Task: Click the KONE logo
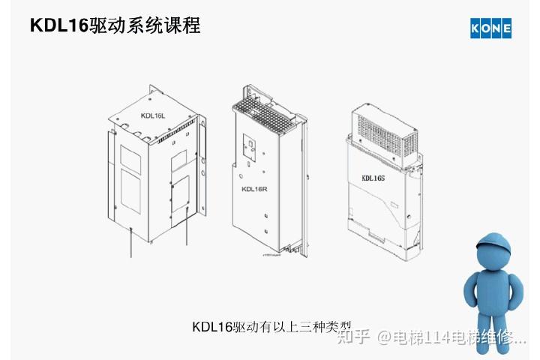click(x=490, y=28)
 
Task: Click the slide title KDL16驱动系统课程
click(x=115, y=26)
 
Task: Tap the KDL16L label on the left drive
click(x=152, y=115)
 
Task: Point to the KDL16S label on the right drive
click(x=373, y=178)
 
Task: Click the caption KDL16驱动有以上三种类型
click(x=271, y=326)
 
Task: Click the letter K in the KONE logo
click(x=475, y=28)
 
